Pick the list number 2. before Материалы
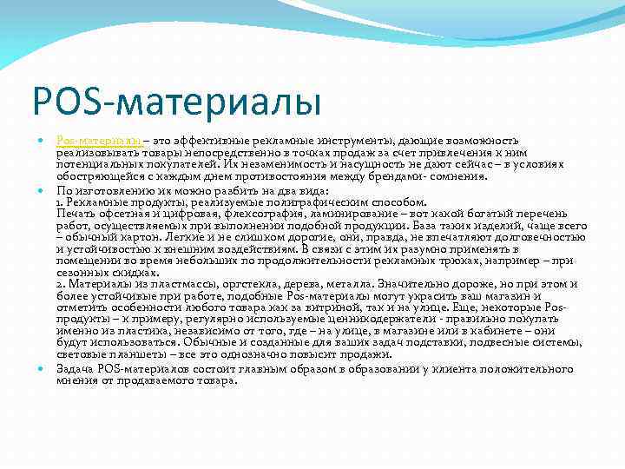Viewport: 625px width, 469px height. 61,285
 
